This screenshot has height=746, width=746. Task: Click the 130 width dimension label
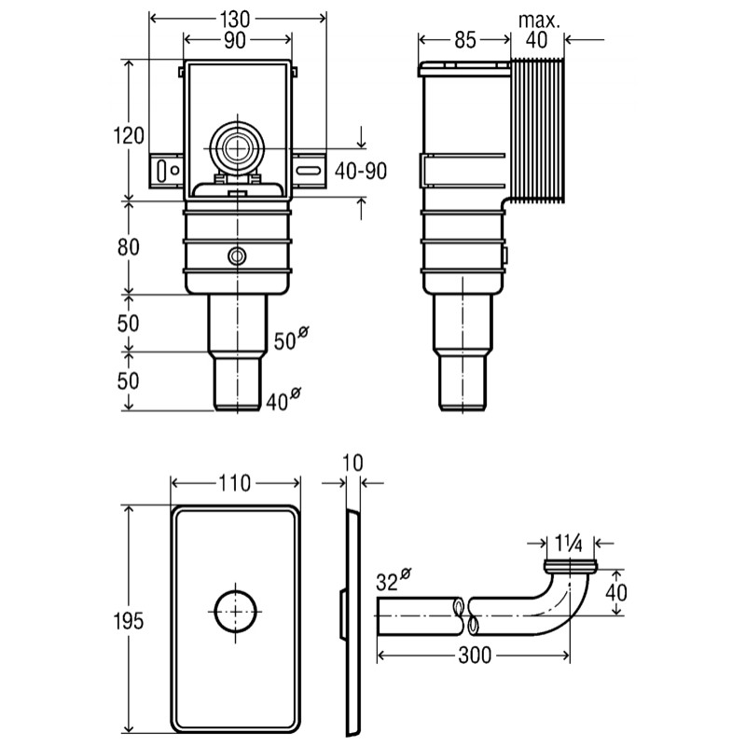pos(235,19)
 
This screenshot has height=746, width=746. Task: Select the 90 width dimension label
pos(235,41)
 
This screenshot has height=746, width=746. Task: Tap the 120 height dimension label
pos(129,135)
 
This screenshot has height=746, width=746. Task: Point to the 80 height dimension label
pos(129,247)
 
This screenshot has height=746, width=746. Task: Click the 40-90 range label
pos(361,171)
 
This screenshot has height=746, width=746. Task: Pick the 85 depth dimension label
pos(464,40)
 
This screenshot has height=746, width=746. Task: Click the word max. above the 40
pos(539,20)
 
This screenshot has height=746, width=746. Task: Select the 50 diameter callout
pos(291,338)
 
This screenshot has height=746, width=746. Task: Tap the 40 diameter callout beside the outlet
pos(283,400)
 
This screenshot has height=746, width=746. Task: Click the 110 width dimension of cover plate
pos(235,483)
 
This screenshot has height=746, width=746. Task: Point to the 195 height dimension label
pos(129,621)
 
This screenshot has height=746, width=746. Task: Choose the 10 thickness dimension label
pos(353,463)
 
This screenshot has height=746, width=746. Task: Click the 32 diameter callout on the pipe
pos(393,579)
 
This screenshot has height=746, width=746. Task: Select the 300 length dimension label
pos(475,656)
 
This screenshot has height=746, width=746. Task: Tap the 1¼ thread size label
pos(569,543)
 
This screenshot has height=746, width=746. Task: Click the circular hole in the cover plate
pos(236,611)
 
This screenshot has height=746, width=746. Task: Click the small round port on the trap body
pos(237,256)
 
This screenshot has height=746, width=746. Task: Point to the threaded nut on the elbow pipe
pos(569,566)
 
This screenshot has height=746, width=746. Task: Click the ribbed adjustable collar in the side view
pos(537,130)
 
